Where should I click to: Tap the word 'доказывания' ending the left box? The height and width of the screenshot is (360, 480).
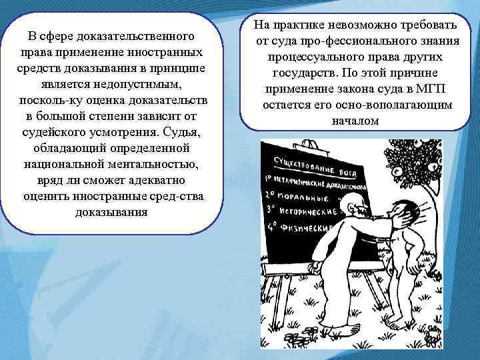point(110,212)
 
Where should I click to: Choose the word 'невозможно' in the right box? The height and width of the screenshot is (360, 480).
point(355,26)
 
